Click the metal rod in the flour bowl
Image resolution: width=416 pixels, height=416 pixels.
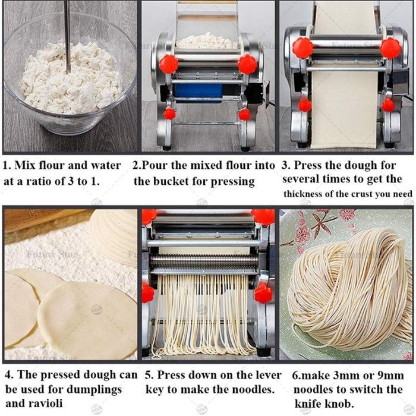(68, 37)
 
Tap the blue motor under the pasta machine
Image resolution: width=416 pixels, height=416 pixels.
(198, 93)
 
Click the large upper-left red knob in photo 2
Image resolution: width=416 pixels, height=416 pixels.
(168, 64)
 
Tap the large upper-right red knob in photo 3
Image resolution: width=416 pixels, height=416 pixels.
(390, 48)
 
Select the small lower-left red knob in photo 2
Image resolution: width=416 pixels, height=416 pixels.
(169, 114)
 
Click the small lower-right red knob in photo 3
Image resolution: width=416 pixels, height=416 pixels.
(389, 105)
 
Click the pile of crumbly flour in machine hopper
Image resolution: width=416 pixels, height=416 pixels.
(207, 40)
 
